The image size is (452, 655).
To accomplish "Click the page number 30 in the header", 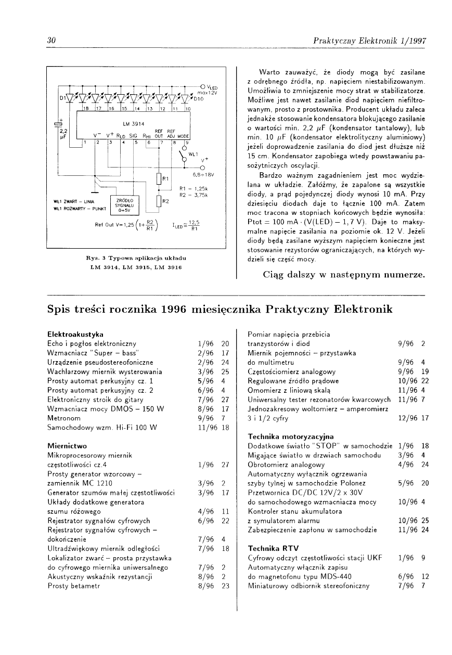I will (51, 41).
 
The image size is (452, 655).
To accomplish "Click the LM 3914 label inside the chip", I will (133, 124).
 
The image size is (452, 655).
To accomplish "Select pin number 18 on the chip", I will (86, 109).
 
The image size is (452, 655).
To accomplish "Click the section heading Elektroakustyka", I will (75, 333).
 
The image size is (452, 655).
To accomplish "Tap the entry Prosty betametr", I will (72, 586).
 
